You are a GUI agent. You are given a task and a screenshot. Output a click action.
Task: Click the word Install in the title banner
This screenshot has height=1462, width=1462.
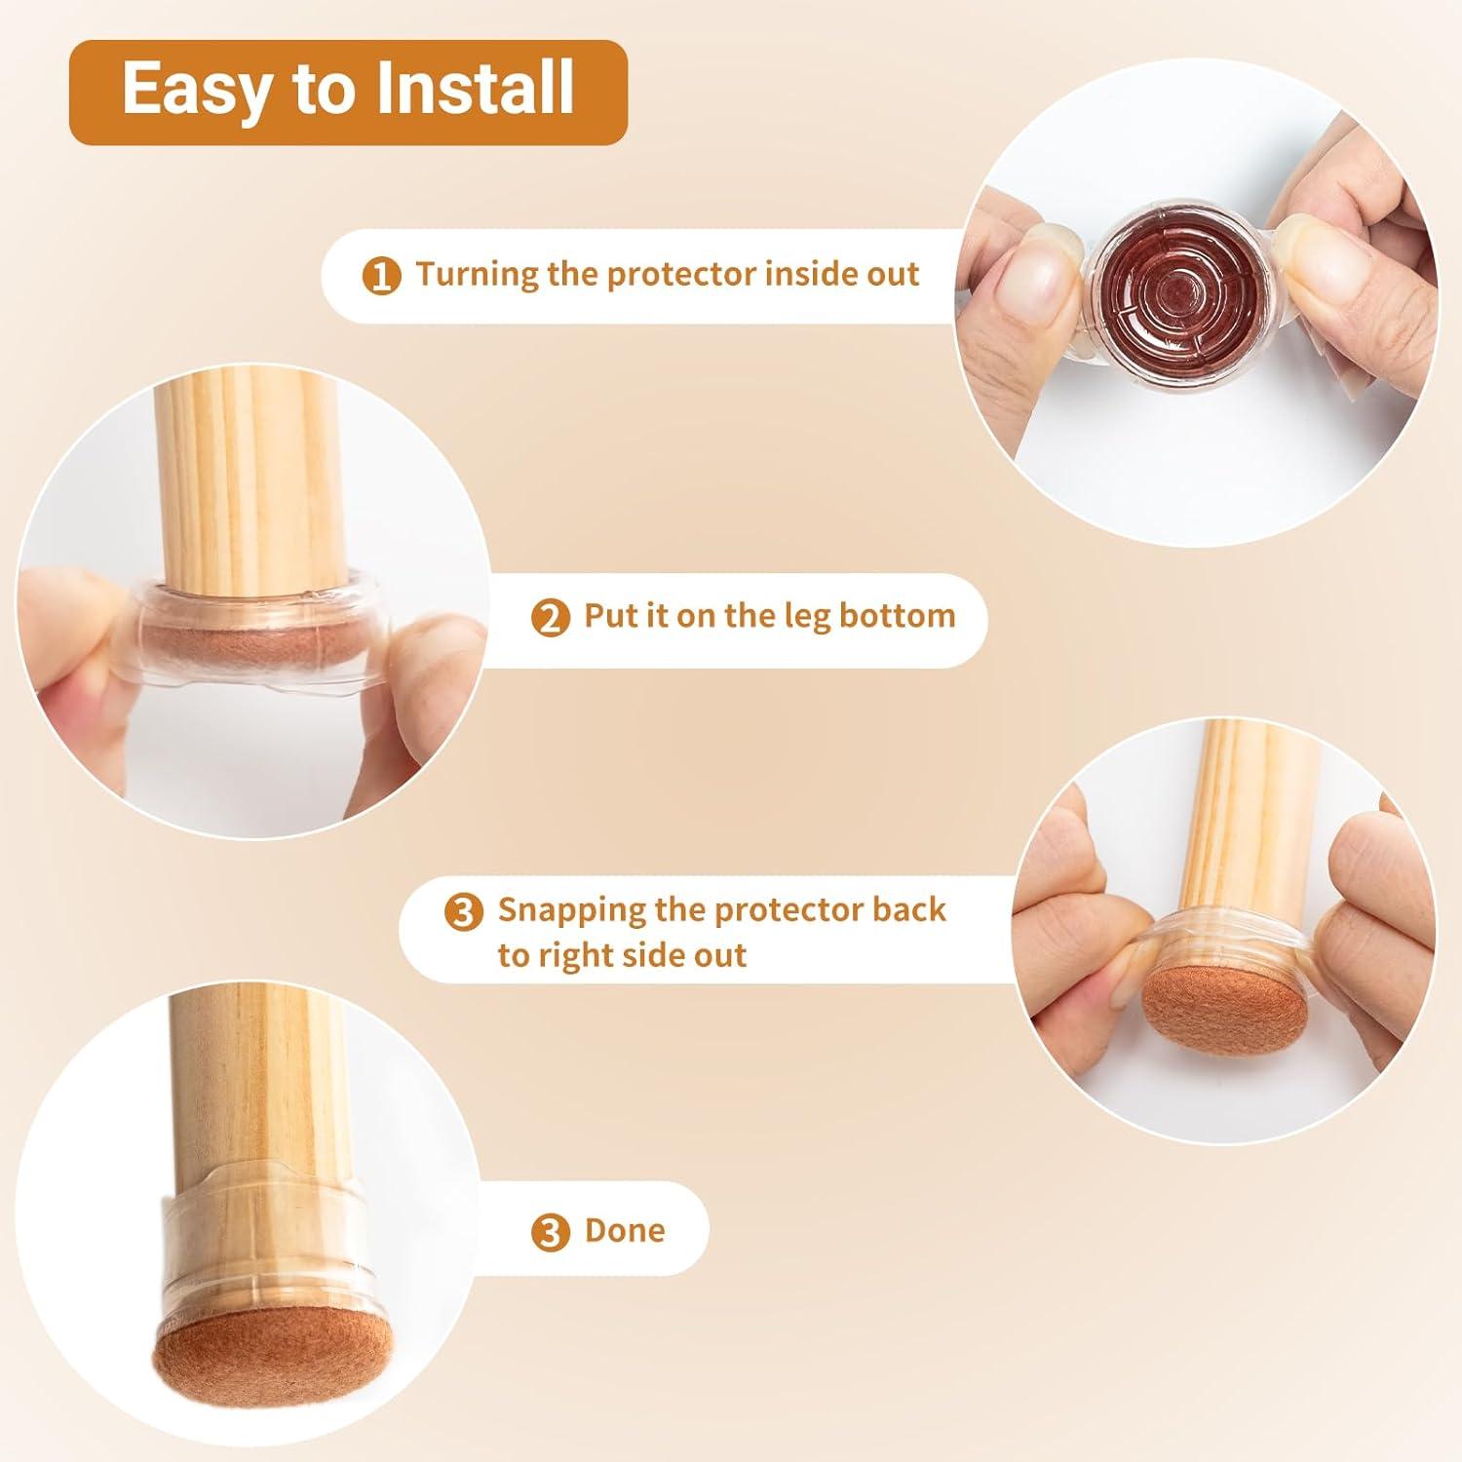tap(475, 89)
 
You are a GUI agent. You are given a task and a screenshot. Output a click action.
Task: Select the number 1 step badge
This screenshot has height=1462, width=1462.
tap(381, 277)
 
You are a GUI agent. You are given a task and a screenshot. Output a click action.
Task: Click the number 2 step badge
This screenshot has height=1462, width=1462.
tap(550, 618)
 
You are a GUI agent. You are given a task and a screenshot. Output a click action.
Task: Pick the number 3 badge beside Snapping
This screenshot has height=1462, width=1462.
tap(463, 912)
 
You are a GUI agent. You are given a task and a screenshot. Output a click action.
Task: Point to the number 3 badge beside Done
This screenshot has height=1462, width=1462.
tap(550, 1232)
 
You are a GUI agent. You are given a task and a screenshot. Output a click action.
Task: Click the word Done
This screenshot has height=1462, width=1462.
tap(625, 1230)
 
